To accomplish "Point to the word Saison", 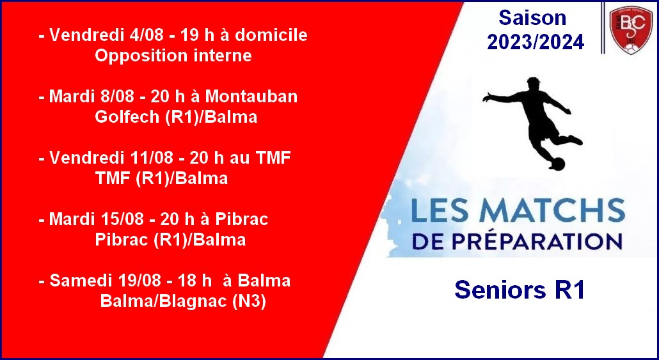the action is point(532,18).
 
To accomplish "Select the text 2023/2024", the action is point(536,42).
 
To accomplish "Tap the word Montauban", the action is point(251,97).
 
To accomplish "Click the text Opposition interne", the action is point(173,56).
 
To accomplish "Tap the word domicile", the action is point(271,35).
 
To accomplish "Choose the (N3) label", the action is point(250,302).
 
